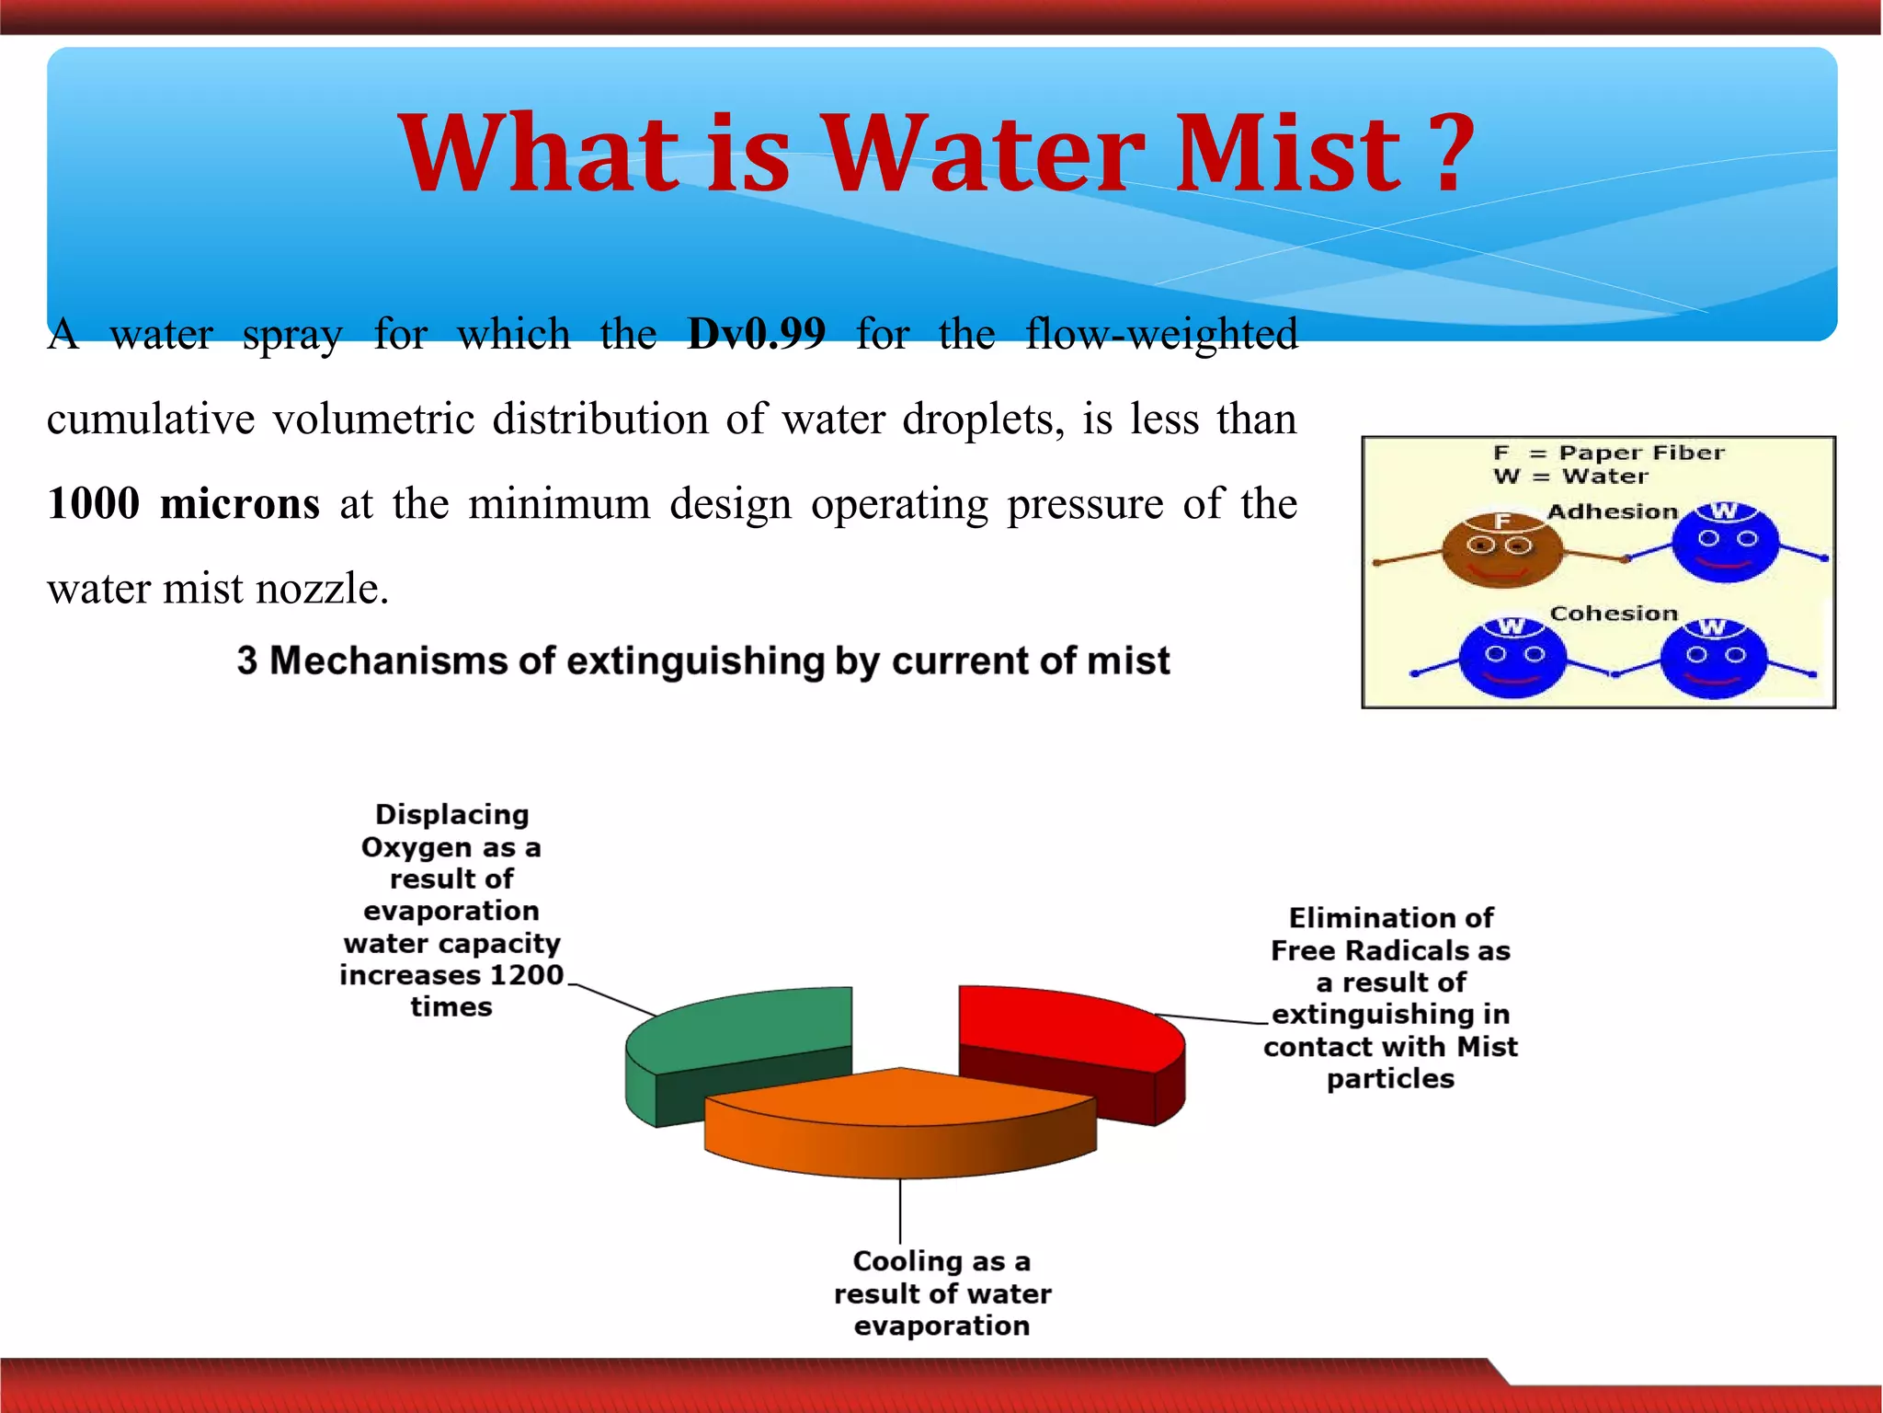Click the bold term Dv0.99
point(756,333)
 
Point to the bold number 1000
point(93,504)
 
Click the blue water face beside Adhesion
point(1725,543)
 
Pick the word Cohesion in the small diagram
point(1614,614)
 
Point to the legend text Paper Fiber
point(1641,453)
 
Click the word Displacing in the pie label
point(451,815)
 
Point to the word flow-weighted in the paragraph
point(1160,334)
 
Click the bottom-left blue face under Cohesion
point(1512,658)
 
